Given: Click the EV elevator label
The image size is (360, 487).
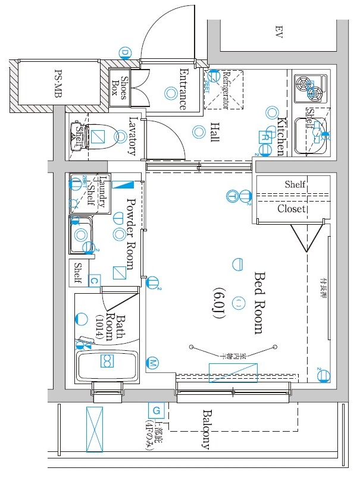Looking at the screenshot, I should (277, 32).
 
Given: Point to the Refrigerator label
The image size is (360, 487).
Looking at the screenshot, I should (226, 89).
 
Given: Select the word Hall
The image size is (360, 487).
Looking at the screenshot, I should (214, 132).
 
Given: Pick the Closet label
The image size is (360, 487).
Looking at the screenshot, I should (292, 209).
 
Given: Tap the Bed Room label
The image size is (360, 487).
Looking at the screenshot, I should (258, 303).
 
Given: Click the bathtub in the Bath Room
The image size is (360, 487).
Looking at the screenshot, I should (107, 364).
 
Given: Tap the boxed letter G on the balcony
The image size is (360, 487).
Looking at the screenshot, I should (156, 410).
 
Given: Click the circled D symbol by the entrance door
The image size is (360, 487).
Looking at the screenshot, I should (125, 53).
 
